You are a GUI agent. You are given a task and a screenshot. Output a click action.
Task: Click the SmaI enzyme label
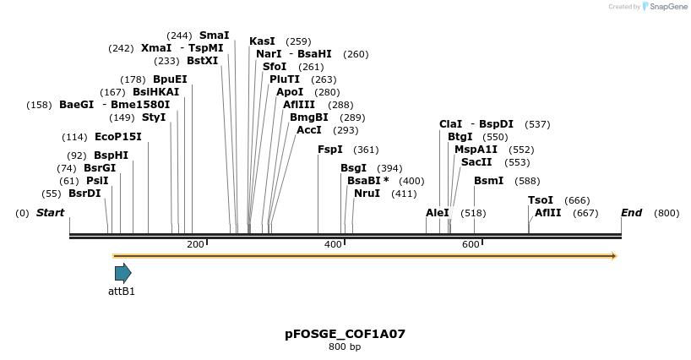click(214, 35)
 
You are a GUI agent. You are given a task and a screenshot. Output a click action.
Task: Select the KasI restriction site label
click(262, 41)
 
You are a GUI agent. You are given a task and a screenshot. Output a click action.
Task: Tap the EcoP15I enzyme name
click(117, 137)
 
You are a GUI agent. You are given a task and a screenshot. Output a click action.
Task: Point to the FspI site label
click(330, 150)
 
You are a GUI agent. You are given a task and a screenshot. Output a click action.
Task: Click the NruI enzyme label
click(367, 194)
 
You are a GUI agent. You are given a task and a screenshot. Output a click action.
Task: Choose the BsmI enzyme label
click(488, 181)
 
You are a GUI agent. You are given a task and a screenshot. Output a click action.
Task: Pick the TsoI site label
click(541, 200)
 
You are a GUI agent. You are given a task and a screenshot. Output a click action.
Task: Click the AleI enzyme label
click(438, 213)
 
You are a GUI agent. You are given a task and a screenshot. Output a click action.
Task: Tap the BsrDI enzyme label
click(84, 194)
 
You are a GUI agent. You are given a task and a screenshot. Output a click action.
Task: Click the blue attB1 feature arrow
click(123, 272)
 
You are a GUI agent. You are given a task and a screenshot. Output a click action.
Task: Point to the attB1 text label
click(122, 292)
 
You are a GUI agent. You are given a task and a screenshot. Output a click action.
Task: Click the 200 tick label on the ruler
click(195, 244)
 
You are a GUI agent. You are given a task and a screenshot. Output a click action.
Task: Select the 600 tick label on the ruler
click(471, 244)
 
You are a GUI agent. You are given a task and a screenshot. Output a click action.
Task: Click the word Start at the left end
click(50, 213)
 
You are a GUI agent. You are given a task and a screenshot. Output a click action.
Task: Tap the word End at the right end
click(632, 213)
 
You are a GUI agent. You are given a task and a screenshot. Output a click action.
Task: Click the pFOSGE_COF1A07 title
click(345, 334)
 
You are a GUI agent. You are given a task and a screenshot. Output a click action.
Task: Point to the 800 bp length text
click(345, 347)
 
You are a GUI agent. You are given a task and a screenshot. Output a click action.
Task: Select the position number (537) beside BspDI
click(537, 124)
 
